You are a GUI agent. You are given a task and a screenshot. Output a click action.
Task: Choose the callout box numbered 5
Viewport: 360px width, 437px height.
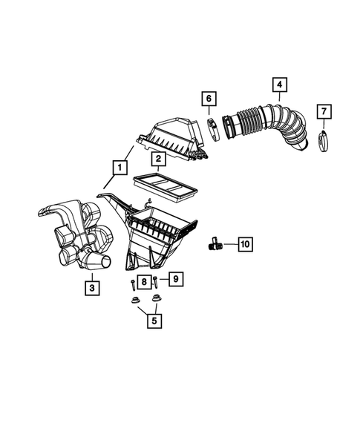(154, 321)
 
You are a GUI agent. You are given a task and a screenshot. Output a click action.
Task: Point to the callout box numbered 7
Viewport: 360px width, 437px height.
(323, 112)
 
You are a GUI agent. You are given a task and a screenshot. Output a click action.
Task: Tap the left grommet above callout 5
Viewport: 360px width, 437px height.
(134, 300)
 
